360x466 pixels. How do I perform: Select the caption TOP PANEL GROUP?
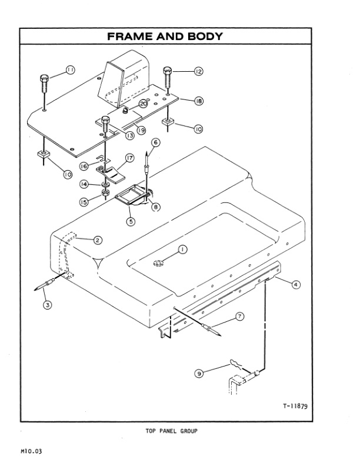click(x=171, y=431)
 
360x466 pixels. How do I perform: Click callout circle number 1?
click(x=182, y=249)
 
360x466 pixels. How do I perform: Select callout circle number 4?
click(x=296, y=285)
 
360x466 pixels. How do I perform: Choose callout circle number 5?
click(x=131, y=221)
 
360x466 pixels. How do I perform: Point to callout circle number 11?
click(x=69, y=70)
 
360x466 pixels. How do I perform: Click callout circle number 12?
click(x=198, y=71)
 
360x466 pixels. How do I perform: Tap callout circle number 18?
click(x=198, y=101)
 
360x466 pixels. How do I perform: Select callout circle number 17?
click(x=129, y=158)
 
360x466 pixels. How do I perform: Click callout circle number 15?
click(x=84, y=202)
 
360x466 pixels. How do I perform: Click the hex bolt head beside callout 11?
click(x=44, y=78)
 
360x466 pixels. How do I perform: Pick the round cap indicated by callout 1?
click(x=158, y=263)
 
